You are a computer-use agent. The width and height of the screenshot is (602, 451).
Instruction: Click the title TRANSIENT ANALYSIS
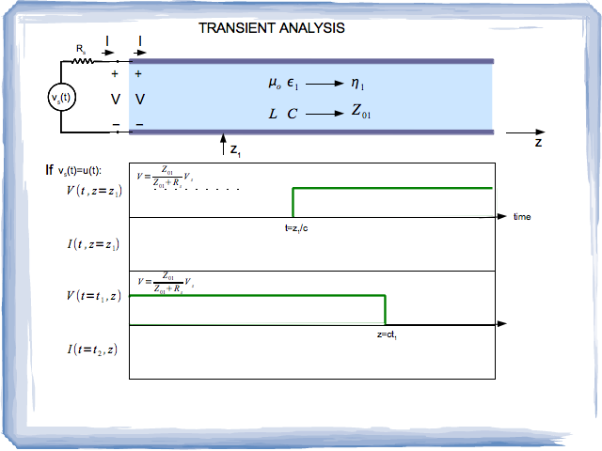272,28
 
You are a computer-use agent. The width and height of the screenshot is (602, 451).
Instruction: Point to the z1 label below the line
237,149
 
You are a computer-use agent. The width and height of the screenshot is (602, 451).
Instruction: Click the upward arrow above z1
222,141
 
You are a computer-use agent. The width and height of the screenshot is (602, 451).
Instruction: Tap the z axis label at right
538,144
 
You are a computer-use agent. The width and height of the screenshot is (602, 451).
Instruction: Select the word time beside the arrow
522,217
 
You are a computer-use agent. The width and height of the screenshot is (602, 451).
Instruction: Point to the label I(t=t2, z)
91,350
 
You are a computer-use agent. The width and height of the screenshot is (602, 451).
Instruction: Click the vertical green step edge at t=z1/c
293,202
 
